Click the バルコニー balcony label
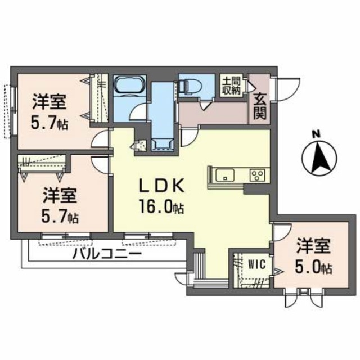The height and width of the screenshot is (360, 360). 106,254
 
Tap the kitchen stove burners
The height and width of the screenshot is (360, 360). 258,174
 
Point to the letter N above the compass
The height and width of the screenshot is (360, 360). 316,134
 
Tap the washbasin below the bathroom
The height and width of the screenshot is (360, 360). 162,141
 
